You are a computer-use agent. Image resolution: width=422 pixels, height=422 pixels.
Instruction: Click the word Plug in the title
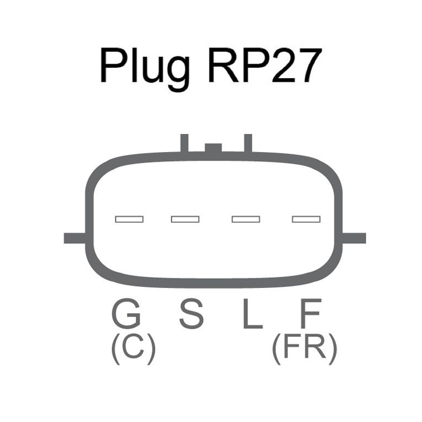point(145,70)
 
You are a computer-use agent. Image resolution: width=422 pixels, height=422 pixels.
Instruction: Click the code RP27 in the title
point(265,66)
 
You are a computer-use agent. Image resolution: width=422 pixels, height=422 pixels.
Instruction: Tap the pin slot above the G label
point(129,219)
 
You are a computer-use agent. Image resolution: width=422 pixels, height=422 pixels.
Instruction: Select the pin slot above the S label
point(185,219)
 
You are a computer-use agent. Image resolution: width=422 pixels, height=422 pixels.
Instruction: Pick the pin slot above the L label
point(246,219)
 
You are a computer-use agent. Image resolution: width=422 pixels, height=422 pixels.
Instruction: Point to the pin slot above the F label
point(306,219)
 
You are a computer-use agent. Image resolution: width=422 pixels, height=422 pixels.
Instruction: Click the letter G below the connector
point(126,313)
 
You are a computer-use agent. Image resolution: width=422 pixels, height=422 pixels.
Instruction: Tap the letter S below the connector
point(191,313)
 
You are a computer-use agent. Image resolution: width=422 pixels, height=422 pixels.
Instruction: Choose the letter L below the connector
point(252,314)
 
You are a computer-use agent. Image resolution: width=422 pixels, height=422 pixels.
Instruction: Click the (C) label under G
point(133,349)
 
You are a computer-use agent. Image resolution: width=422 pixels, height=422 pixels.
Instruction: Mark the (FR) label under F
point(305,349)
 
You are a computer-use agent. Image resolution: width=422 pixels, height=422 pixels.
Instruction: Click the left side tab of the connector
point(75,238)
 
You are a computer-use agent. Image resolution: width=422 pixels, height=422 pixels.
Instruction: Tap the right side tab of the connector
point(353,238)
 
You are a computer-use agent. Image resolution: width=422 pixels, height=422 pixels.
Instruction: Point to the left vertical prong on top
point(185,144)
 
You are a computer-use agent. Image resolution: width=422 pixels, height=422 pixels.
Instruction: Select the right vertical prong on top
point(248,144)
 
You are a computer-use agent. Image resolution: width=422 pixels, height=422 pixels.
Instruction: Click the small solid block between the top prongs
point(213,148)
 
